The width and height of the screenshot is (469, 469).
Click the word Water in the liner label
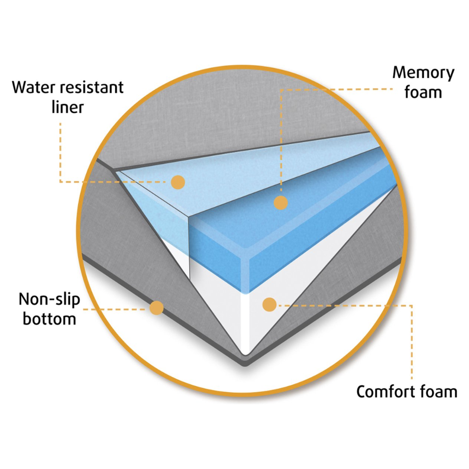(x=34, y=87)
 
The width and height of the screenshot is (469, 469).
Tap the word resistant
(x=92, y=87)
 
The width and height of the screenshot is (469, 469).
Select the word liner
(x=68, y=107)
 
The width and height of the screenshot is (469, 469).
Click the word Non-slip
(x=49, y=299)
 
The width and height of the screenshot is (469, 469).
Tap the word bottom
(x=49, y=318)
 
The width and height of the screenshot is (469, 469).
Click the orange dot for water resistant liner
(x=178, y=182)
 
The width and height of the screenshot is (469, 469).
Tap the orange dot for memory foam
(x=281, y=202)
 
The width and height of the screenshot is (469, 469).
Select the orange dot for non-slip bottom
(x=157, y=308)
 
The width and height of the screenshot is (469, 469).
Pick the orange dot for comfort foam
(x=269, y=305)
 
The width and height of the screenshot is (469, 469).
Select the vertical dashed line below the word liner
(x=60, y=152)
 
